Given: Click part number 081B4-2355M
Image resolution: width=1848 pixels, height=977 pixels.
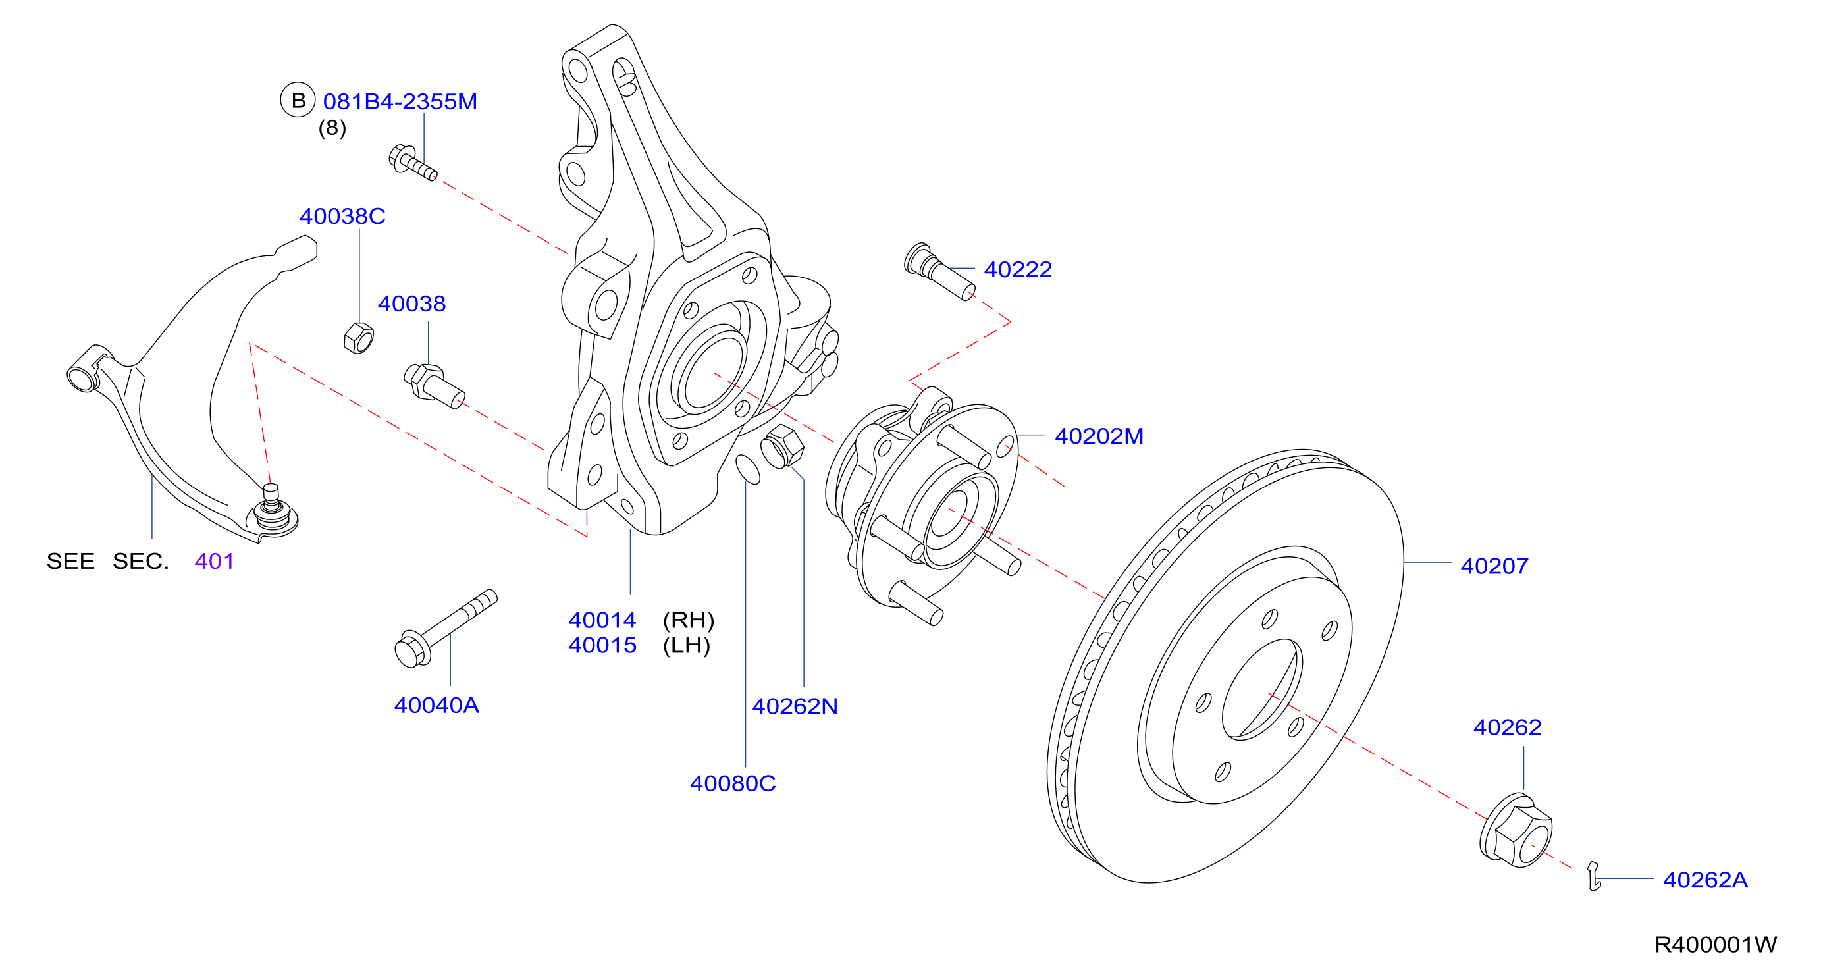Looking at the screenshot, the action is click(400, 102).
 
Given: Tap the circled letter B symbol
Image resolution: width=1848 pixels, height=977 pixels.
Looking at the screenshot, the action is click(298, 101).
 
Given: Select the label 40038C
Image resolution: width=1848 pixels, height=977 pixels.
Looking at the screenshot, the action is click(342, 216).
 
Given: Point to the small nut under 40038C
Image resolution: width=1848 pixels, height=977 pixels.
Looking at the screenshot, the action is click(359, 338).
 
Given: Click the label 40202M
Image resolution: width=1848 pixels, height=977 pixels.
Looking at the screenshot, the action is click(1099, 436).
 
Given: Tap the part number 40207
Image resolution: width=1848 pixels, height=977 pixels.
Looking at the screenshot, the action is click(1494, 566).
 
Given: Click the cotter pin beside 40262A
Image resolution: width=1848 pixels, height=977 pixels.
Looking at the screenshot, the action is click(1593, 876).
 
